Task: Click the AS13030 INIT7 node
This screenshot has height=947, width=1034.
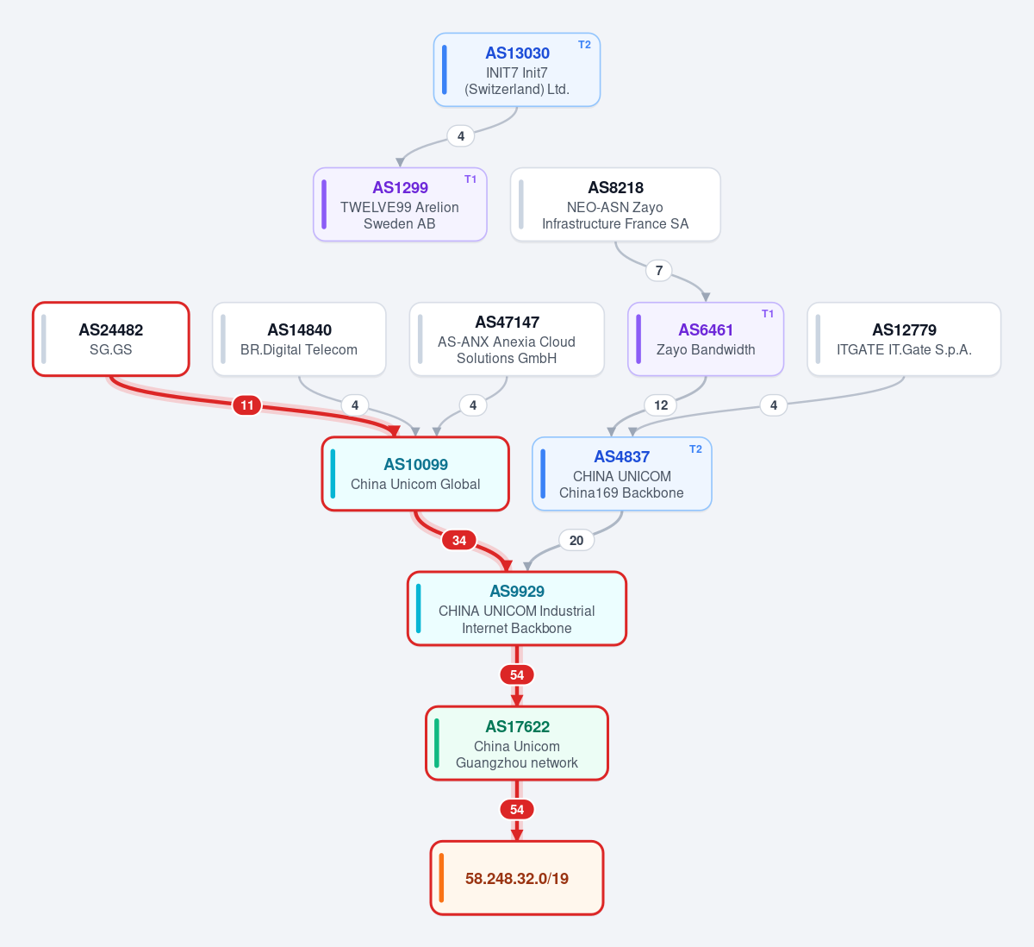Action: (516, 70)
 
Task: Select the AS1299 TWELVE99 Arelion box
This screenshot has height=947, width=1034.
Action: (400, 204)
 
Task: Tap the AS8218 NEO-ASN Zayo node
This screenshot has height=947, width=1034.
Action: (615, 204)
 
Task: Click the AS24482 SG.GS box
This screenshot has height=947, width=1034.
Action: (111, 339)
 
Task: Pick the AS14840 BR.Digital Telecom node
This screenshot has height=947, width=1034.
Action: (299, 339)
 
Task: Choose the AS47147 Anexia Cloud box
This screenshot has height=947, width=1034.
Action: (507, 339)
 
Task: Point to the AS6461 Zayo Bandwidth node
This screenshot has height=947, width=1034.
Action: (706, 339)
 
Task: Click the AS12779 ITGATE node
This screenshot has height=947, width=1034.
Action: (904, 339)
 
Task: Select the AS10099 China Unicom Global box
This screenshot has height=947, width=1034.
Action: (415, 473)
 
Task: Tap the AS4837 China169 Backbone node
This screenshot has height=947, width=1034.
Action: (621, 473)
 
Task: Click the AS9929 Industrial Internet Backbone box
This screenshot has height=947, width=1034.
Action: (517, 608)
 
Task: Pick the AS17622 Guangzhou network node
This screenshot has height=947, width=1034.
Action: (517, 743)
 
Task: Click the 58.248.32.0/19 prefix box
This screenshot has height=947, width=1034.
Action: (517, 878)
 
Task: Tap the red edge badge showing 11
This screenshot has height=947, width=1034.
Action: (247, 405)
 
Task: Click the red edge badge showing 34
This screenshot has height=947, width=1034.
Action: (458, 540)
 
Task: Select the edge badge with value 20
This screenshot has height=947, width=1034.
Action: (576, 540)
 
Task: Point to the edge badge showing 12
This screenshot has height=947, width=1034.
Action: (661, 405)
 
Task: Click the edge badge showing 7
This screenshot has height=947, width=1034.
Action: (659, 271)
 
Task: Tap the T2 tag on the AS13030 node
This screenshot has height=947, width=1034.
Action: (584, 45)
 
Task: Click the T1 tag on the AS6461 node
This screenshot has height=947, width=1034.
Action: (768, 314)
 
